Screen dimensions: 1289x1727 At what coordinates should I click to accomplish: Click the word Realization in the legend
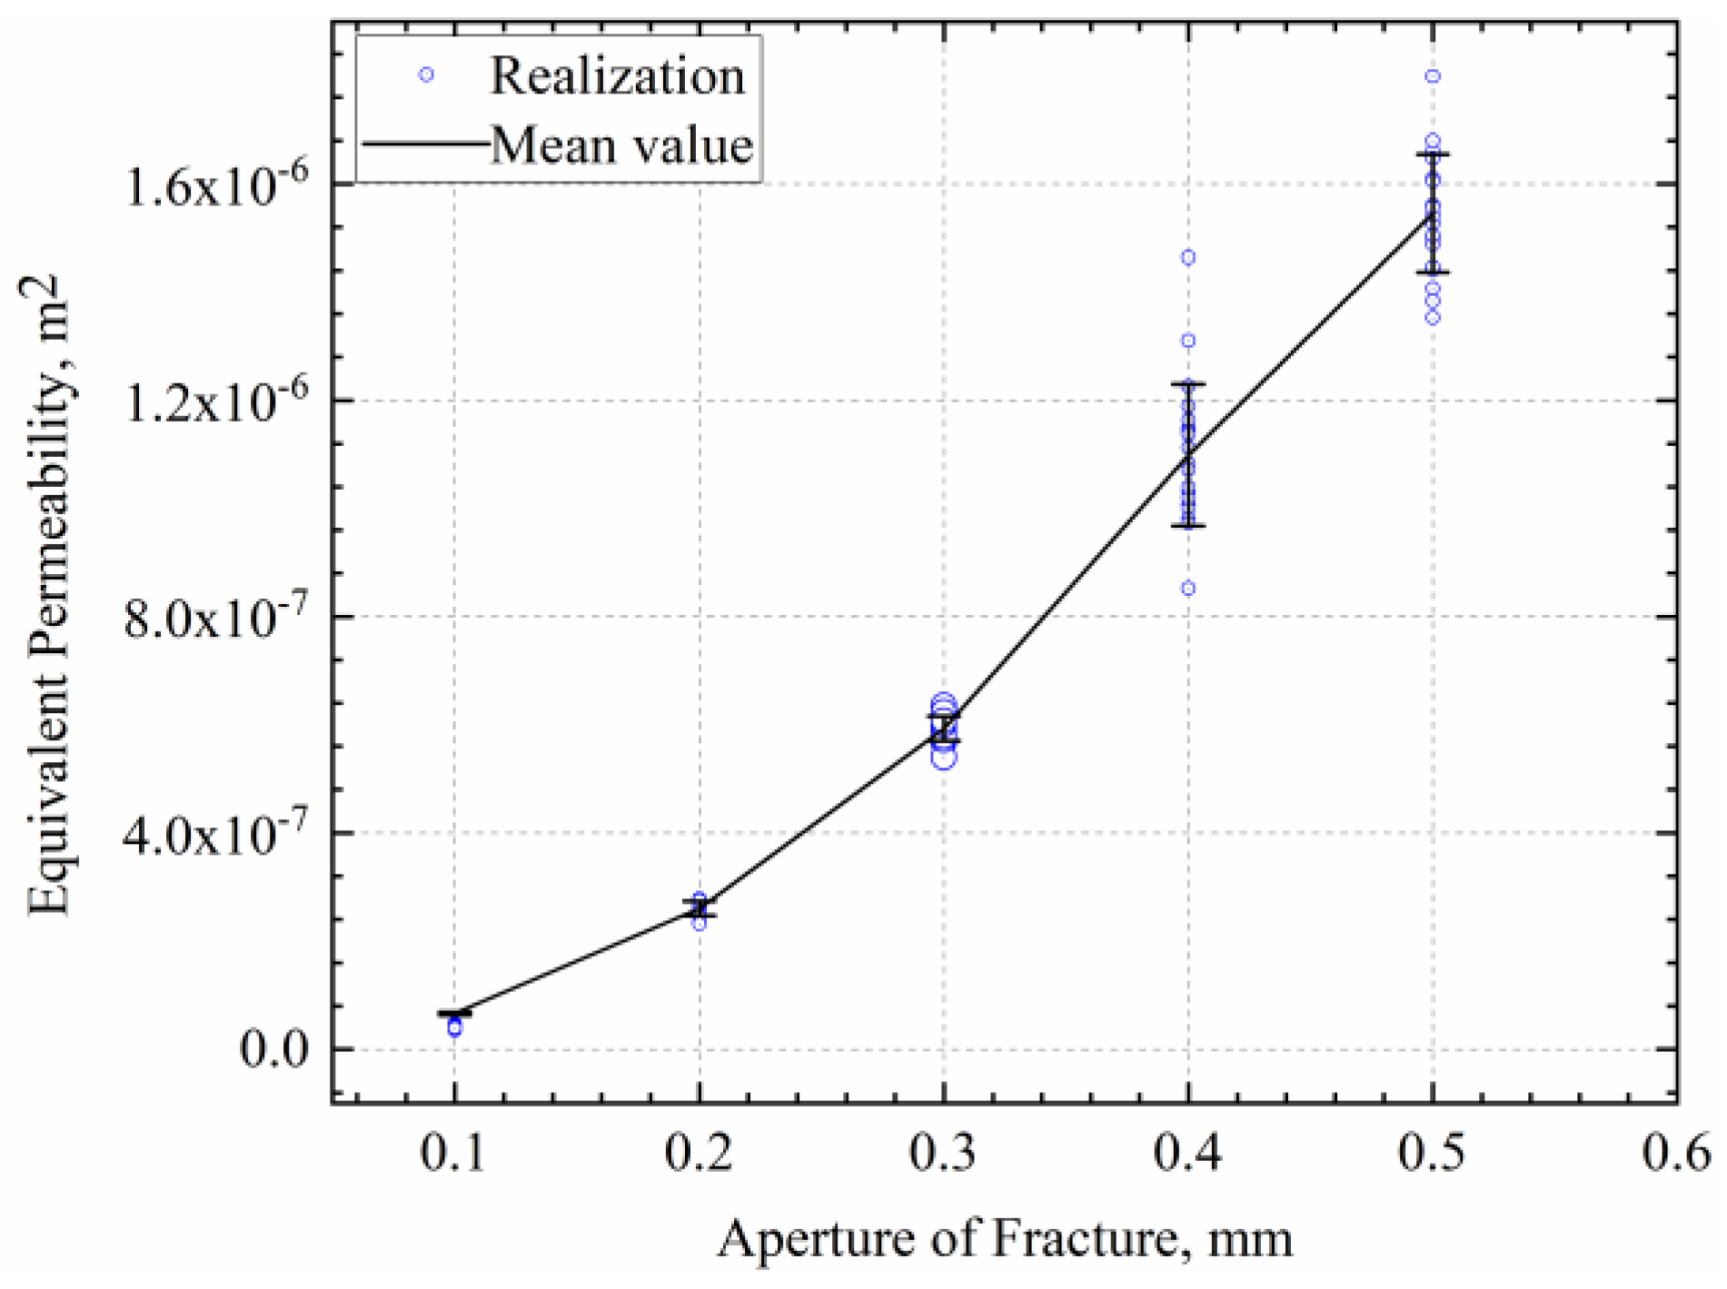pyautogui.click(x=618, y=76)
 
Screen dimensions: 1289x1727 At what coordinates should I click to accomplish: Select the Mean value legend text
pyautogui.click(x=622, y=145)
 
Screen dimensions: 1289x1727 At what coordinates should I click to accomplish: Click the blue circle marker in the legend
pyautogui.click(x=425, y=75)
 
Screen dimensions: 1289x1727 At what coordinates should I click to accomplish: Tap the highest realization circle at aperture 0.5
pyautogui.click(x=1433, y=76)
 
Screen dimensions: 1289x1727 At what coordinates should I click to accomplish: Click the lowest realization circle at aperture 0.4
pyautogui.click(x=1188, y=589)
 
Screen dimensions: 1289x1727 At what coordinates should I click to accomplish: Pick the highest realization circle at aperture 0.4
pyautogui.click(x=1188, y=258)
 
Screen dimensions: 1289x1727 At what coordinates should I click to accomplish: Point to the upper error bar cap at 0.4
pyautogui.click(x=1188, y=383)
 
